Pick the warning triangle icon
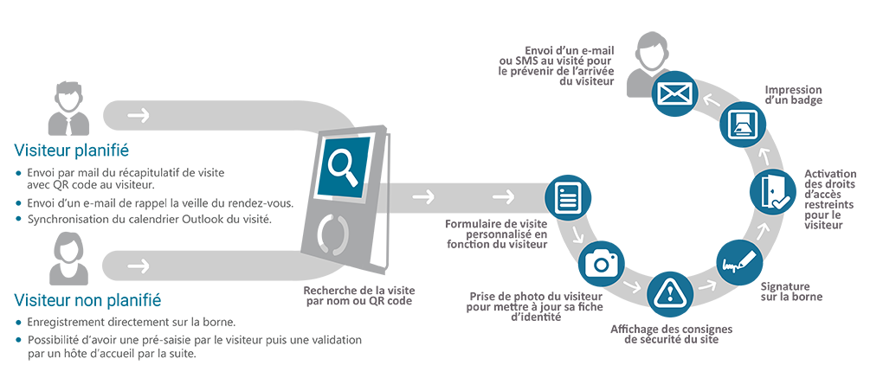coord(671,294)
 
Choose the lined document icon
coord(566,197)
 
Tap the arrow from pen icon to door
coord(763,230)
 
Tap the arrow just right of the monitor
coord(423,197)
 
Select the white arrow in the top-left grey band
coord(138,115)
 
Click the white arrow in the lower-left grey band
coord(138,265)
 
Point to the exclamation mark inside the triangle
coord(671,295)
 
